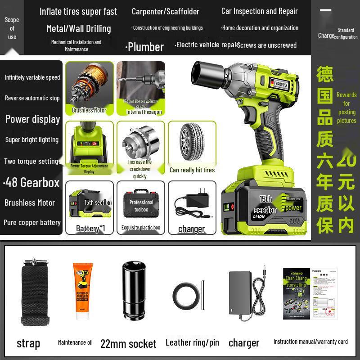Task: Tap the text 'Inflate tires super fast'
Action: pos(78,11)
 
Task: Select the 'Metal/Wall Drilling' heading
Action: pos(79,28)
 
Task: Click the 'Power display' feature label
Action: pos(33,119)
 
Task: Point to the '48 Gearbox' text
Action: pos(32,182)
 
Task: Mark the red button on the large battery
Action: pos(233,207)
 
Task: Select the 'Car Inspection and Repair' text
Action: pos(260,11)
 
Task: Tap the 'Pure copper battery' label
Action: pos(32,222)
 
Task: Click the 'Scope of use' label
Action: pos(12,28)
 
